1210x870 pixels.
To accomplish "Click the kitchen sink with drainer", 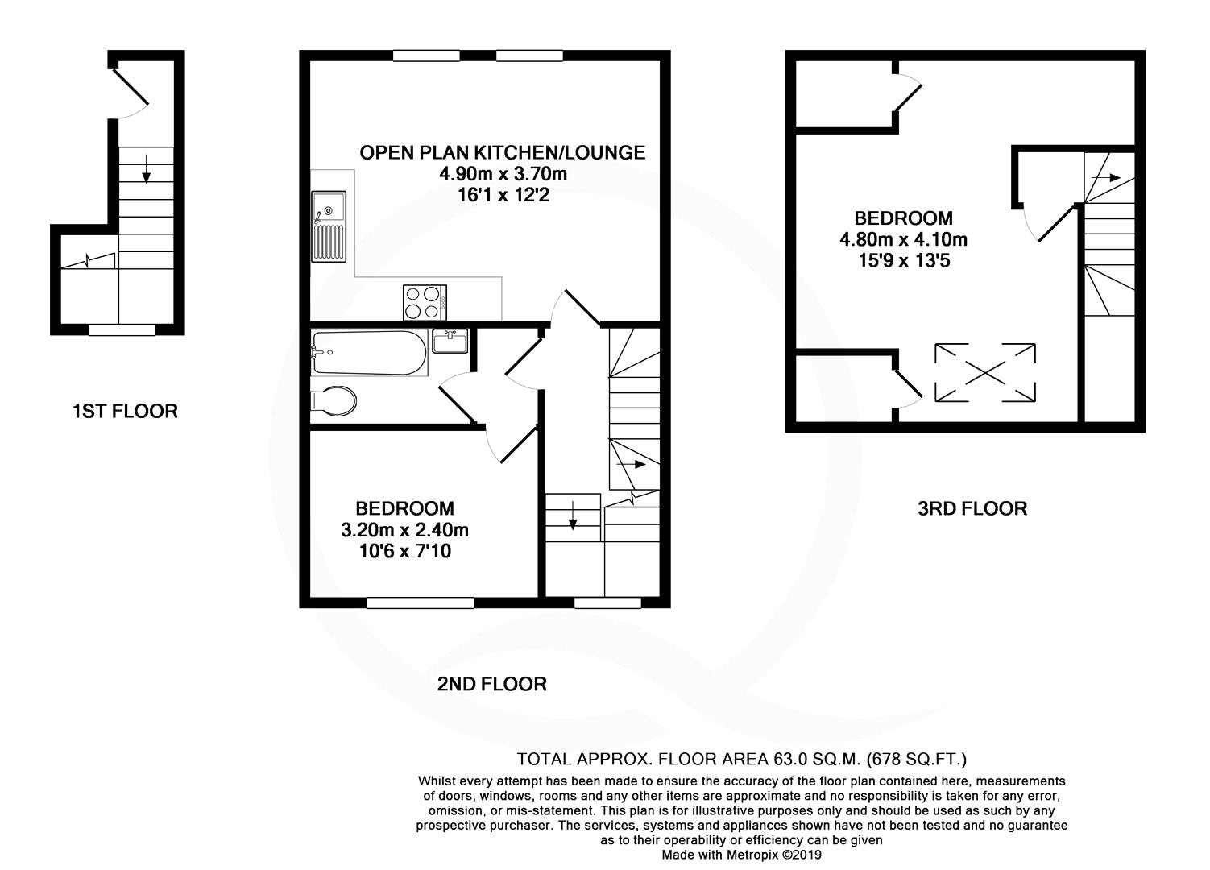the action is coord(329,226).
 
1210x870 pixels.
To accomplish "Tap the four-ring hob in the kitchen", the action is coord(425,302).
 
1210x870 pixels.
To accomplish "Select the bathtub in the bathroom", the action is coord(370,353).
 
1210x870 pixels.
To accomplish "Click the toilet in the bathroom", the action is coord(334,401).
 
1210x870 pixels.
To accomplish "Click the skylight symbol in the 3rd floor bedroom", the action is coord(985,373).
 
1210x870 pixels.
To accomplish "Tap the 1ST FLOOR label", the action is coord(126,412).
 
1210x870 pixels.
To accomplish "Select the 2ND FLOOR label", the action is coord(491,685).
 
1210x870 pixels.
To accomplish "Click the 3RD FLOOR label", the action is coord(972,509).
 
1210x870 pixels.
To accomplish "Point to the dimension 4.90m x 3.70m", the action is coord(503,174).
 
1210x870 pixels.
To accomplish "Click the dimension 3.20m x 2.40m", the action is coord(404,530).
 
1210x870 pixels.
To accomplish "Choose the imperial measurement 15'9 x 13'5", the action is coord(904,261).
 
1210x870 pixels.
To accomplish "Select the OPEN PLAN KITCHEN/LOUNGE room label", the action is coord(503,153).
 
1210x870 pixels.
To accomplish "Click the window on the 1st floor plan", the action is coord(122,330).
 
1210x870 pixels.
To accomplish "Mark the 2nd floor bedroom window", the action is coord(421,603).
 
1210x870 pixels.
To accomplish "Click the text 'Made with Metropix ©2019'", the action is coord(742,855).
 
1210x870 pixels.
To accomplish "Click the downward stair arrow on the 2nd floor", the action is coord(573,515).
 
